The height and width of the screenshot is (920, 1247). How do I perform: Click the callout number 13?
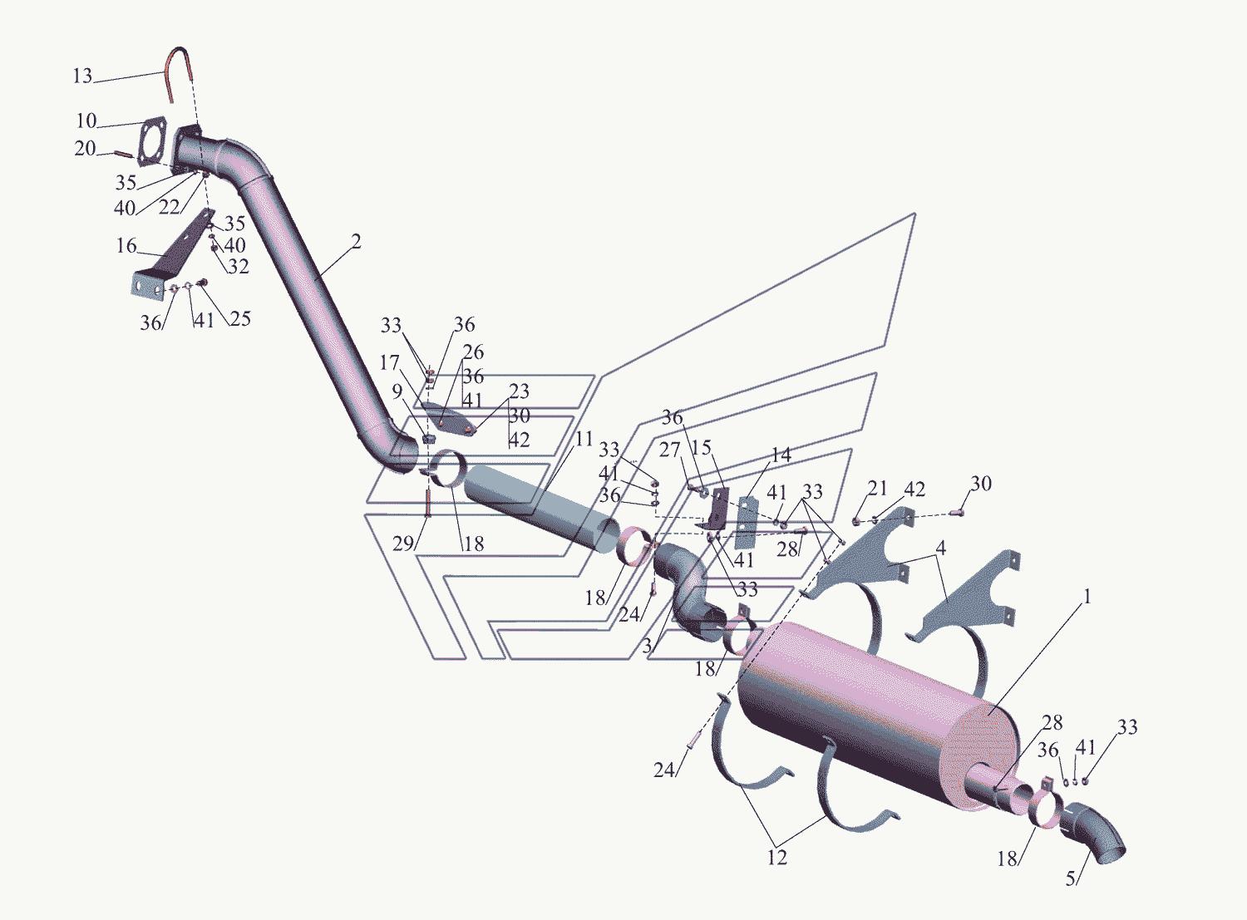pos(82,76)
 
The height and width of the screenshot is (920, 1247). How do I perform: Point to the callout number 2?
pos(355,242)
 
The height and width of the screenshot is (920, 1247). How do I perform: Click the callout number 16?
pos(126,246)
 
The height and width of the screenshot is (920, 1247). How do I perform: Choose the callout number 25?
pos(239,318)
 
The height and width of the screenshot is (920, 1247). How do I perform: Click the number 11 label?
pos(584,439)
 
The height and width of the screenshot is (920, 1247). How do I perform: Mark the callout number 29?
pos(403,544)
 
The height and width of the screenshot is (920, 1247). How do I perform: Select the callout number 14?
pos(781,454)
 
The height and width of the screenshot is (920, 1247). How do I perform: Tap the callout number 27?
pos(669,450)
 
